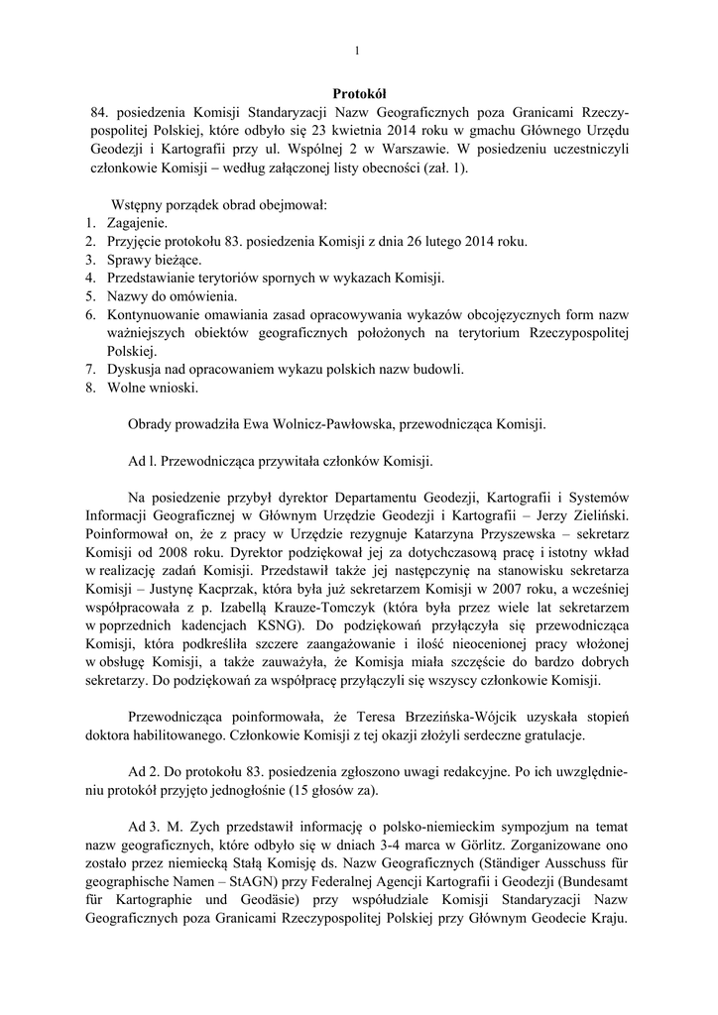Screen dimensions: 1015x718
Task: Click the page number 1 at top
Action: coord(358,52)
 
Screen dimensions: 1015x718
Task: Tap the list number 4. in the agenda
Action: coord(90,278)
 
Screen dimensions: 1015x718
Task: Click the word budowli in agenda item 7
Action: coord(440,369)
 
